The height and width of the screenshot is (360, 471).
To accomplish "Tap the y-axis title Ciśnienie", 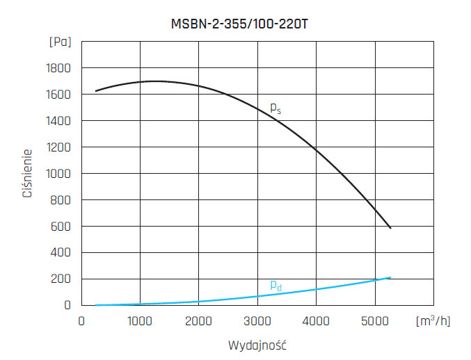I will (28, 172).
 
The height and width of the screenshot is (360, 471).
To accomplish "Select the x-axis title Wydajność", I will (257, 345).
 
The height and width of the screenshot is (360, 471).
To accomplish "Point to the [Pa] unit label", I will (60, 42).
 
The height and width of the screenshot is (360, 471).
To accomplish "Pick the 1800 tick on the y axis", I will (58, 68).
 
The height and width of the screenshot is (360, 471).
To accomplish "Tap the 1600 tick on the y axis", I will (58, 95).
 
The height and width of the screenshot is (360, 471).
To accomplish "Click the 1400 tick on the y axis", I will (58, 121).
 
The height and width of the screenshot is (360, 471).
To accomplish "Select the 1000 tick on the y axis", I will (58, 173).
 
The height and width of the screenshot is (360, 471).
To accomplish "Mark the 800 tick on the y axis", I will (61, 199).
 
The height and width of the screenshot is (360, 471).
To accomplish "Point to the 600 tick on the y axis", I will (61, 226).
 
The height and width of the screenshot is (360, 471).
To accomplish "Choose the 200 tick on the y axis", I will (61, 279).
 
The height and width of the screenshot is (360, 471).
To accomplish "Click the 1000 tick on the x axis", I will (140, 321).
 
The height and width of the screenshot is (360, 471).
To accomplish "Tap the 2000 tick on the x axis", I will (199, 321).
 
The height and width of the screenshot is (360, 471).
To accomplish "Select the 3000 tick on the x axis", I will (257, 321).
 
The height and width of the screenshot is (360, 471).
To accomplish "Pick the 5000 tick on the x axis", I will (375, 321).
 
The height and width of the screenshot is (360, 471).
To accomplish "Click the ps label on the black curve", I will (276, 108).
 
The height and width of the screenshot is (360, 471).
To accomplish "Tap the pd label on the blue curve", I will (276, 285).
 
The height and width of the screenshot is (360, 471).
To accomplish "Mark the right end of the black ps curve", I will (391, 228).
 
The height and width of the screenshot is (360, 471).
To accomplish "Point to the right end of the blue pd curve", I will (391, 277).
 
